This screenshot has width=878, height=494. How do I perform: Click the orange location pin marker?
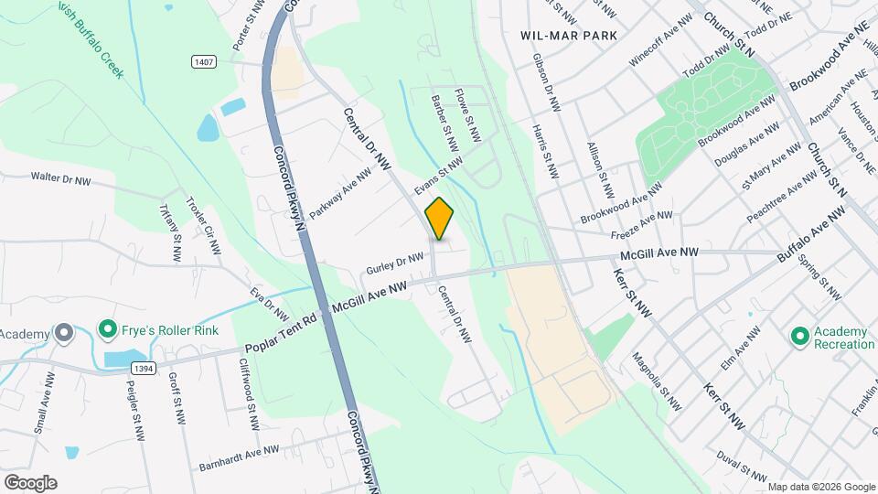[439, 219]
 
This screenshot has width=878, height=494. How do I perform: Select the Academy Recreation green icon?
[800, 338]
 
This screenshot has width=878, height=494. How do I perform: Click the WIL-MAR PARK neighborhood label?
[568, 35]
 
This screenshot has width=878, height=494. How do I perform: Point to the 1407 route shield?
[204, 61]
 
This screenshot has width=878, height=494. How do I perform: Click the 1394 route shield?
[142, 368]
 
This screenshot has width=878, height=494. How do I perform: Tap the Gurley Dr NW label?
[394, 264]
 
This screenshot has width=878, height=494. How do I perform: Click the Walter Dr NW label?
[60, 178]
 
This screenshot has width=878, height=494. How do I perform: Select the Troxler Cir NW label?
[204, 226]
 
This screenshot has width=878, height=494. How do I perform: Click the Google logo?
[30, 482]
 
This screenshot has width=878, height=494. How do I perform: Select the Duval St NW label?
[742, 465]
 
